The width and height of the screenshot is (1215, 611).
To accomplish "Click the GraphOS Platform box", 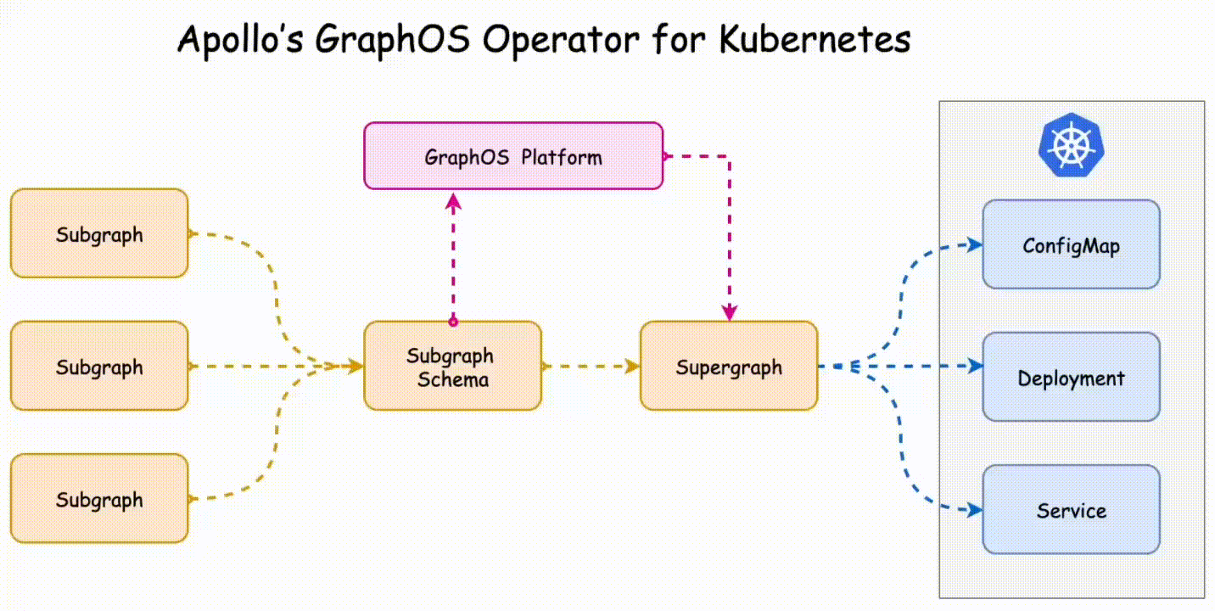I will (x=513, y=155).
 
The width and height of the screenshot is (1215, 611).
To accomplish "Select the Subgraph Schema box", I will (x=452, y=366).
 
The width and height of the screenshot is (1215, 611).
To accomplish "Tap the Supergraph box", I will (x=729, y=366).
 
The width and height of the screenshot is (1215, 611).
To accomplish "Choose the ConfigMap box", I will (x=1071, y=244).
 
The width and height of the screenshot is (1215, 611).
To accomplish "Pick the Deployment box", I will (x=1071, y=377).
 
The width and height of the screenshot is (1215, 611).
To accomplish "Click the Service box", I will (x=1071, y=509).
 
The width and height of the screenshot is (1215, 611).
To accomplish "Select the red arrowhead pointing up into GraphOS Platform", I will (x=454, y=201).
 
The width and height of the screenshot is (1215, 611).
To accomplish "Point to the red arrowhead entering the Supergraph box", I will (x=729, y=312).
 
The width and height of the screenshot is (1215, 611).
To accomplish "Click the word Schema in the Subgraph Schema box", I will (x=453, y=379).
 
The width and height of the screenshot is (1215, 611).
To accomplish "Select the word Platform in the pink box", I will (x=562, y=157).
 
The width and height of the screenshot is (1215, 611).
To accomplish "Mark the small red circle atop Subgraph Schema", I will (x=453, y=322).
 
